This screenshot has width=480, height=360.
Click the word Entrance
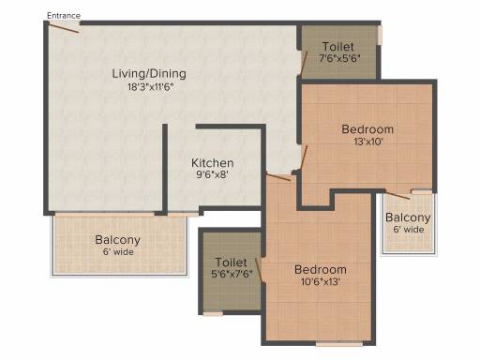click(64, 16)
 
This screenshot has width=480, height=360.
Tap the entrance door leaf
click(64, 27)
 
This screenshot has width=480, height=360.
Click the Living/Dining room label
click(149, 74)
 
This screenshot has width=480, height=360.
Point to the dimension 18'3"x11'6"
click(150, 86)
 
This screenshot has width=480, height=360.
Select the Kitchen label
click(213, 163)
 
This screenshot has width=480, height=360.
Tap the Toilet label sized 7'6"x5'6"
click(338, 47)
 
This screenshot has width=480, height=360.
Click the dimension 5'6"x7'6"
click(232, 274)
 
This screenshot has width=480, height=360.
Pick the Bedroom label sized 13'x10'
click(367, 129)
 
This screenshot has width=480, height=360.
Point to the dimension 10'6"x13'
click(321, 282)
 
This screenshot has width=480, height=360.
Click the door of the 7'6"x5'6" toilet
click(304, 63)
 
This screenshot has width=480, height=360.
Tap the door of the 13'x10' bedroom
click(304, 157)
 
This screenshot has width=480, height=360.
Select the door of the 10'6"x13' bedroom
click(278, 177)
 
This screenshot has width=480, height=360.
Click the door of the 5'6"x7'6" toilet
click(259, 269)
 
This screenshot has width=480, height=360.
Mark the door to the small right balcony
click(397, 195)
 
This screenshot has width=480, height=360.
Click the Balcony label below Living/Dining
click(117, 240)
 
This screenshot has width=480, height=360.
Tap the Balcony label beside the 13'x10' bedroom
click(408, 217)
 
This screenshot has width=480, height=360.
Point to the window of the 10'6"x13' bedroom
click(339, 344)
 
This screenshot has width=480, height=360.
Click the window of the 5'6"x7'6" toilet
click(213, 313)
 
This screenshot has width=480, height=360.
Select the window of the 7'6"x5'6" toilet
click(380, 35)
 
